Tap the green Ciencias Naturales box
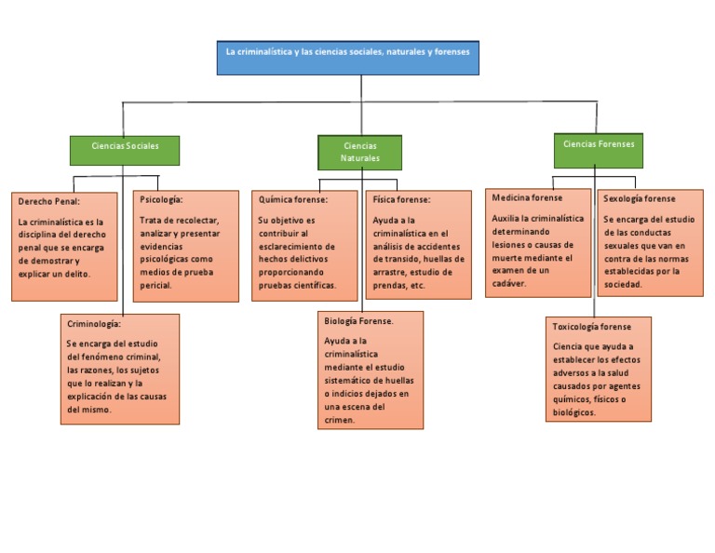pos(360,152)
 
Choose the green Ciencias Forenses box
pos(599,144)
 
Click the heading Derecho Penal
pos(49,201)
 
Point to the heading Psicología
pos(161,199)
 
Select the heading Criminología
pos(94,323)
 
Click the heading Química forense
pos(292,199)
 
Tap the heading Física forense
pos(401,199)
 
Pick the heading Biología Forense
pos(358,320)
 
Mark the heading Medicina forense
pos(527,198)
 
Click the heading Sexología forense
pos(640,198)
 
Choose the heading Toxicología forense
pos(591,327)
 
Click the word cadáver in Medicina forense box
pos(509,283)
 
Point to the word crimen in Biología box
pos(340,420)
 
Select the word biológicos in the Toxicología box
pos(573,411)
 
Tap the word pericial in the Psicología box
pos(156,285)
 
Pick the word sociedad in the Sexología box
pos(623,284)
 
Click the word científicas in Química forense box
pos(314,285)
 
